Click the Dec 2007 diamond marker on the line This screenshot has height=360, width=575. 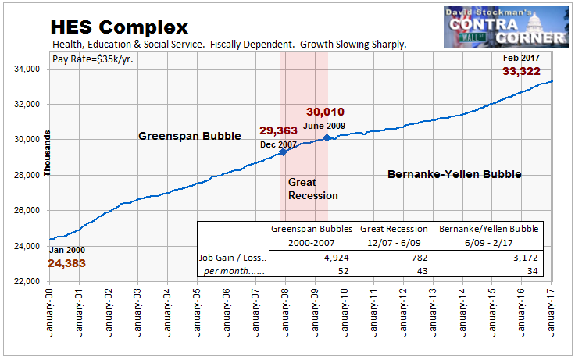[284, 151]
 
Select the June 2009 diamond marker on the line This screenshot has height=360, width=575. [327, 138]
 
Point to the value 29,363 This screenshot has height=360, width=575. [280, 130]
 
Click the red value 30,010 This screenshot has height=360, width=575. [324, 112]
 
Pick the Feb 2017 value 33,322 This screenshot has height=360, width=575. [523, 73]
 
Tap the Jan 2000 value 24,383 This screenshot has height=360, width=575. [72, 264]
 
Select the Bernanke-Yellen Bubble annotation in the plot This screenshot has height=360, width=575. [454, 175]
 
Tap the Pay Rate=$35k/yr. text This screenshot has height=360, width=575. [92, 59]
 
